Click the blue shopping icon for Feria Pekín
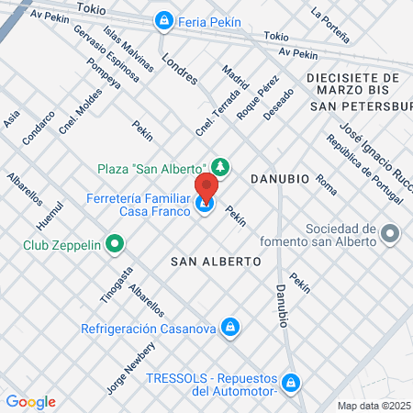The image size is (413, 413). [163, 19]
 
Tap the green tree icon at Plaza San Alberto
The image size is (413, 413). [219, 166]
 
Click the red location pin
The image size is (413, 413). [206, 187]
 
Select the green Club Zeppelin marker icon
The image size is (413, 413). [115, 244]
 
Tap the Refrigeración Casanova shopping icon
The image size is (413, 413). [231, 327]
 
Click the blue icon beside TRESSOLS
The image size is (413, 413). [291, 381]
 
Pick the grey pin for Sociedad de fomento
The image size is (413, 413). [391, 235]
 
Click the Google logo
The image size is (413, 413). [30, 401]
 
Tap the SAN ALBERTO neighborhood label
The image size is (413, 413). [216, 262]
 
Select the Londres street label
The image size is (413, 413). [179, 68]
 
